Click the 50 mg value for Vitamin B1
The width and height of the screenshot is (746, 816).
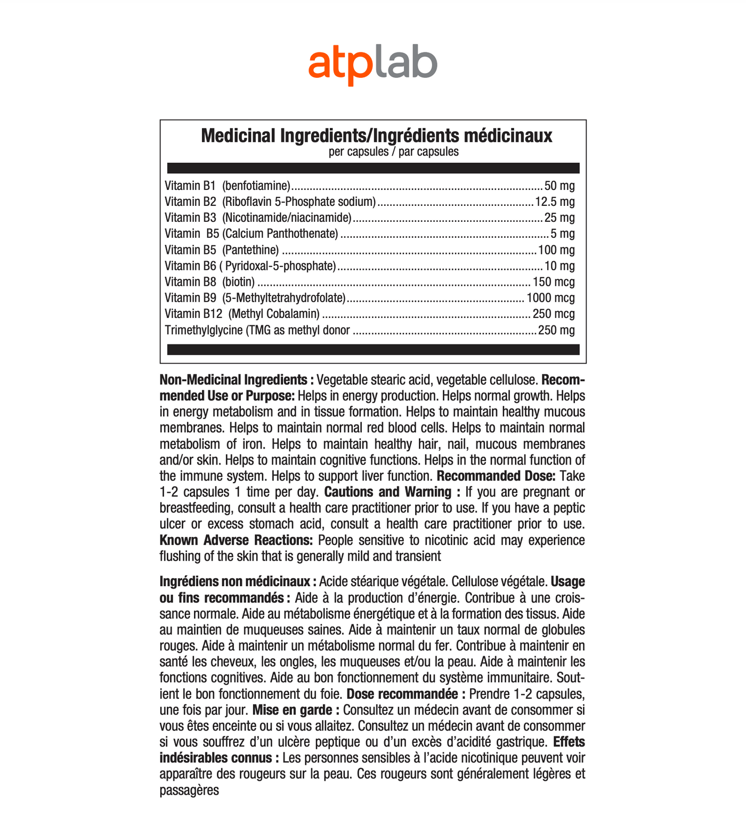point(559,186)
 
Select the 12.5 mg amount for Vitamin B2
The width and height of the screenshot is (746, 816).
point(555,202)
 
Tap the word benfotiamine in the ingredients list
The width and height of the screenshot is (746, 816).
point(256,186)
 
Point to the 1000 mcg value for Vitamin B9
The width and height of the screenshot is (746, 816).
point(550,298)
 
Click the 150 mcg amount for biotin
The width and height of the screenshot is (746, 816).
point(554,282)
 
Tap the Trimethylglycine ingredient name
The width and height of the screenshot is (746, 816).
point(204,330)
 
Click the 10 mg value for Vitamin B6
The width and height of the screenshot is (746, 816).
point(559,266)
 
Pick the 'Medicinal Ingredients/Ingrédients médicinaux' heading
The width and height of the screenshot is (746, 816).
point(376,136)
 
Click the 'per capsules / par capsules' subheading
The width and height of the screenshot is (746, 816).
point(394,151)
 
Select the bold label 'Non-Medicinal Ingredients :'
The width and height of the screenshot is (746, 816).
point(237,380)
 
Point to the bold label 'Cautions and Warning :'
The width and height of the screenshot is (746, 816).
point(392,492)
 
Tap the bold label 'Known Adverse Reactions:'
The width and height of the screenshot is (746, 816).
point(236,540)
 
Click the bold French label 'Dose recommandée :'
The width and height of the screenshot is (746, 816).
point(406,694)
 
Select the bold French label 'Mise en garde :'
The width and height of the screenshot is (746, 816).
point(296,710)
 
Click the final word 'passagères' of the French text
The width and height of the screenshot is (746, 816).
point(189,790)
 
